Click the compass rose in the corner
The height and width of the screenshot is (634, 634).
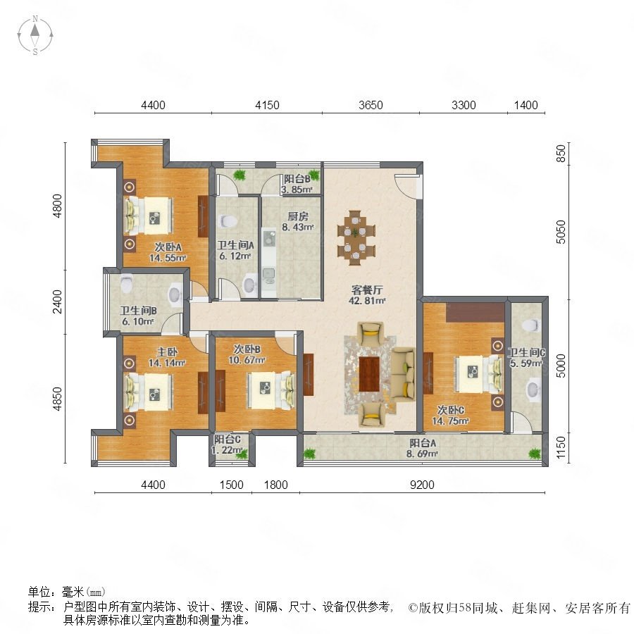[x=35, y=35]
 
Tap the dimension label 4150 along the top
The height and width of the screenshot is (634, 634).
[x=267, y=105]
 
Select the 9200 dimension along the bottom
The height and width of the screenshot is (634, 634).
[x=422, y=485]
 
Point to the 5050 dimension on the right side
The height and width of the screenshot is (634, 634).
[x=561, y=232]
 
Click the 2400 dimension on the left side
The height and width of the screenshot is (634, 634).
[x=58, y=302]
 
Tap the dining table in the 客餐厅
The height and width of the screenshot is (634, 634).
[x=356, y=238]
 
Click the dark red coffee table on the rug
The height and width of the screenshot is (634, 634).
[x=369, y=373]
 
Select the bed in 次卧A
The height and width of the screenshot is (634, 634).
[x=148, y=216]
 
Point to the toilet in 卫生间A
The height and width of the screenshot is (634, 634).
[x=228, y=221]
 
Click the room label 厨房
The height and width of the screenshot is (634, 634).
[x=297, y=216]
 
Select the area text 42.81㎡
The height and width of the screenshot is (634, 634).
[x=367, y=300]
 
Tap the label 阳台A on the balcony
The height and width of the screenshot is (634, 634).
[x=423, y=443]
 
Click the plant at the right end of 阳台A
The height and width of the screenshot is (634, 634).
[x=535, y=453]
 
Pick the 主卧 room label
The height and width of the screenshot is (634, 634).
[x=167, y=353]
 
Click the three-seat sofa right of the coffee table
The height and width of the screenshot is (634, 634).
[x=404, y=374]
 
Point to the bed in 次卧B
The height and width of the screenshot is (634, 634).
[x=271, y=390]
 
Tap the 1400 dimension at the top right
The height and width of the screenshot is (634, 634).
[x=526, y=105]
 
